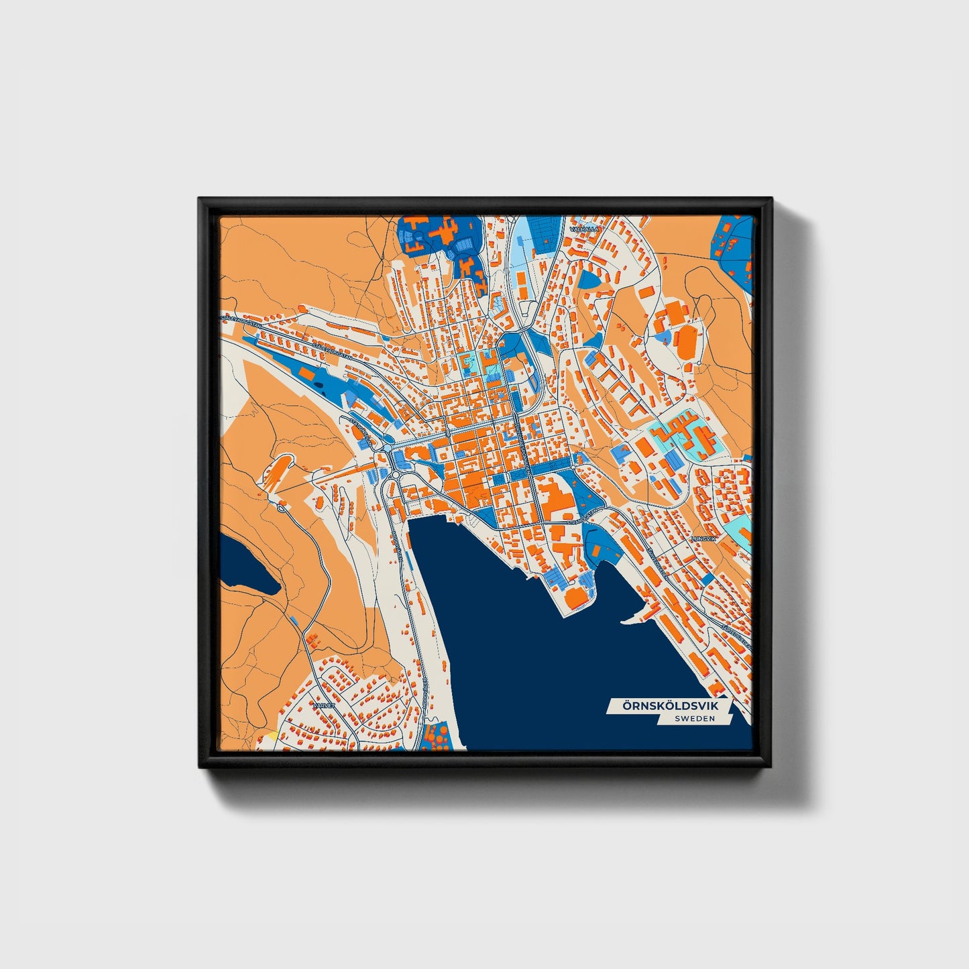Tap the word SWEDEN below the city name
[x=695, y=718]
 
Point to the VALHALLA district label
[x=583, y=229]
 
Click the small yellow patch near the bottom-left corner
[x=272, y=736]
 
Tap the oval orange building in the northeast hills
[x=687, y=343]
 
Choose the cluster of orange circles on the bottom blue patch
[x=440, y=736]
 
